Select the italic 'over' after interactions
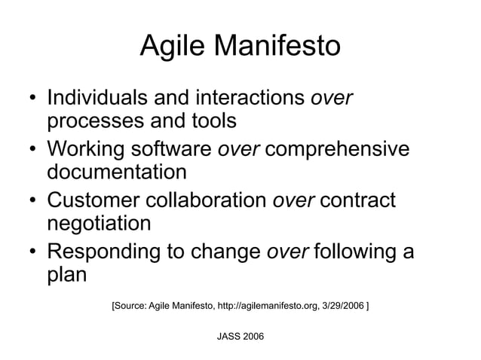[332, 99]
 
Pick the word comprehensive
[338, 149]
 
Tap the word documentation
[117, 171]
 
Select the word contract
[358, 200]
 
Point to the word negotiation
[100, 223]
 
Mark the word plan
[67, 274]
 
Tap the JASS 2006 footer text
[240, 334]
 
